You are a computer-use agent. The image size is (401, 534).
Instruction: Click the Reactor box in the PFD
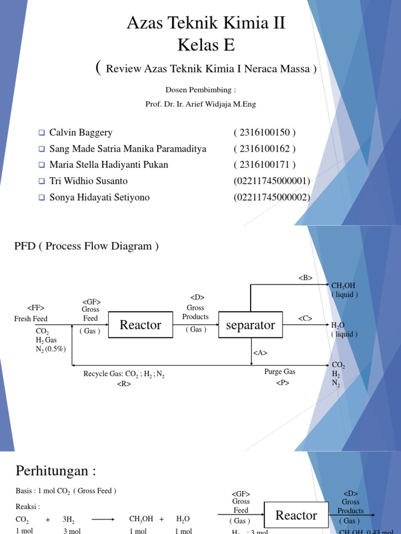(x=140, y=325)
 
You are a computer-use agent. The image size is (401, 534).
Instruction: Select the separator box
(x=251, y=325)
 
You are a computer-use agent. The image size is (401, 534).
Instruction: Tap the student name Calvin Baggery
(x=80, y=132)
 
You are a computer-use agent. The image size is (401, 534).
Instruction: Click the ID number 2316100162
(x=264, y=149)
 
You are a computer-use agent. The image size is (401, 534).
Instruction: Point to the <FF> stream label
(x=36, y=308)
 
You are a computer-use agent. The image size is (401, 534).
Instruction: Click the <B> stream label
(x=305, y=278)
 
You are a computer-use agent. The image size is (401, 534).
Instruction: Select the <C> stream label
(x=305, y=318)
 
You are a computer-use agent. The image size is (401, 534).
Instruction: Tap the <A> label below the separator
(x=260, y=353)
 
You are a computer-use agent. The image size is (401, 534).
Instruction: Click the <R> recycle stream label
(x=124, y=384)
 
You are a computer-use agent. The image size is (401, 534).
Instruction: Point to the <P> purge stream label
(x=282, y=383)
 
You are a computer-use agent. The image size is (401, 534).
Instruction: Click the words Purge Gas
(x=280, y=372)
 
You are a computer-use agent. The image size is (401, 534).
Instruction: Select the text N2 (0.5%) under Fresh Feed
(x=51, y=349)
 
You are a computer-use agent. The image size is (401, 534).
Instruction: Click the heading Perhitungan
(x=56, y=471)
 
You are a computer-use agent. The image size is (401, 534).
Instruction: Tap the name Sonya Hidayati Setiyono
(x=99, y=197)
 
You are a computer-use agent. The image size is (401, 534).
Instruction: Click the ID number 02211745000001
(x=272, y=181)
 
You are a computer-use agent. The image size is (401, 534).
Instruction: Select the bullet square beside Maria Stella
(x=42, y=165)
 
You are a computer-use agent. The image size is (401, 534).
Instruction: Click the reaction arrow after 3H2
(x=104, y=519)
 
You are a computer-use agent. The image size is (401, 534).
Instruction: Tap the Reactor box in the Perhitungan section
(x=296, y=515)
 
